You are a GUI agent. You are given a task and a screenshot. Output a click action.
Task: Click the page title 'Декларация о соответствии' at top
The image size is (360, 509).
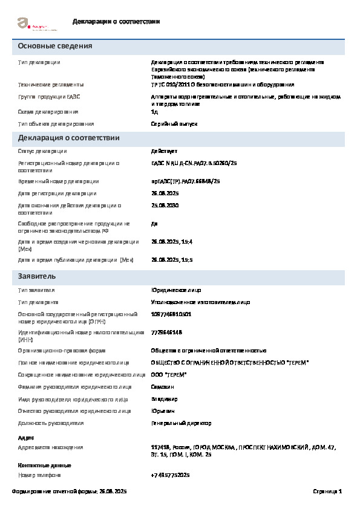point(116,22)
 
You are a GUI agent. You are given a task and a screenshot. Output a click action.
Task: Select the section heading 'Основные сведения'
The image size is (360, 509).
point(55,47)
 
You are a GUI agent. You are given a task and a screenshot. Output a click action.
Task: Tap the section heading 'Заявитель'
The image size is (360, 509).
point(37,276)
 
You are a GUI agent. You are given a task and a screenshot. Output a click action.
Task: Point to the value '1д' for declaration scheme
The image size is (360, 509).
point(154,112)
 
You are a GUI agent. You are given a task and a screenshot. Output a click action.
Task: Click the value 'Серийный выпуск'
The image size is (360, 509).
point(174,124)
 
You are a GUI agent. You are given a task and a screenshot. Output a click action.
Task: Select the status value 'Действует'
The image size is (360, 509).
point(164,151)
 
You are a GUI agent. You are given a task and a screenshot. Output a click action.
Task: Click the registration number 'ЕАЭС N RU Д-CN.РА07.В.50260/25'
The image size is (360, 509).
point(194,163)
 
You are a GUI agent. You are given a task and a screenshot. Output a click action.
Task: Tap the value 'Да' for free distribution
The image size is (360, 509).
point(154,224)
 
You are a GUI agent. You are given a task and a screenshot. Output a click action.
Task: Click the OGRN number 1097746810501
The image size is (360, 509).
point(171,314)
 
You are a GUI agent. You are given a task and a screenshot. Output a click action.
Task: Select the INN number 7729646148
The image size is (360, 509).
point(166,332)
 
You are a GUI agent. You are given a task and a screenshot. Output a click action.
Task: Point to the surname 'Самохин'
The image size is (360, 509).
point(164,387)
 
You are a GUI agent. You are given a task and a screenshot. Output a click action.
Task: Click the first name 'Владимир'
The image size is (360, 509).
point(165,399)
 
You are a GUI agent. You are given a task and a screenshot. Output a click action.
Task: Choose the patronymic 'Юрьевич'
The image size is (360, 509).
point(163,411)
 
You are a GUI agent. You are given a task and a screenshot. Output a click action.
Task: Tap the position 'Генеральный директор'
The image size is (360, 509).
point(178,423)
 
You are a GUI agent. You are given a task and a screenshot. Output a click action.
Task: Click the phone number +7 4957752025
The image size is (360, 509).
point(171,475)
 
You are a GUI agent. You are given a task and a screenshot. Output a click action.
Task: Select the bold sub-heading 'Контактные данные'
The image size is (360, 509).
point(45,465)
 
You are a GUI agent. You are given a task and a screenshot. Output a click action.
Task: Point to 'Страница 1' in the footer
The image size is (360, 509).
point(327,491)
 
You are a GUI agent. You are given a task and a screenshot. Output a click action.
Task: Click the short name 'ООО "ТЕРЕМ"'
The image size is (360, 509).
point(169,375)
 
